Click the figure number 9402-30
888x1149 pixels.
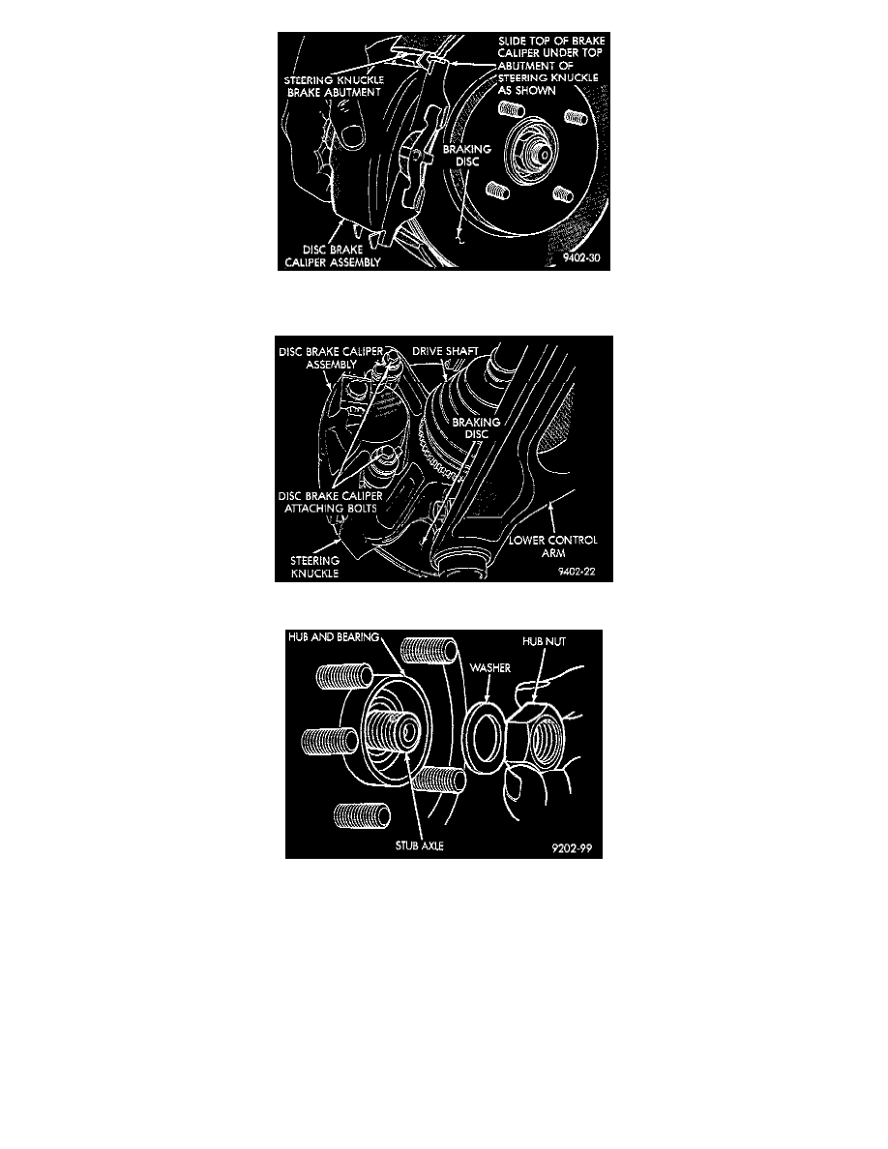pos(581,258)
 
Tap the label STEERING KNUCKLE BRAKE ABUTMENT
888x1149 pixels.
pos(334,86)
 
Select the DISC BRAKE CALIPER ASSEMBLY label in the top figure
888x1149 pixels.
pos(333,255)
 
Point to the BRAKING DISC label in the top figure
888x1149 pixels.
pos(466,155)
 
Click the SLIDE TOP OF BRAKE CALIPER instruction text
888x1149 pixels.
pos(551,65)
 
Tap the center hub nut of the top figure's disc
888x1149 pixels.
pos(538,153)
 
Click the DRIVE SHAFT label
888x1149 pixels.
pos(445,351)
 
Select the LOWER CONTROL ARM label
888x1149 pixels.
pos(553,545)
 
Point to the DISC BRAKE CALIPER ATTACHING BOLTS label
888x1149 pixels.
pos(331,501)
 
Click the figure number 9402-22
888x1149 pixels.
pos(576,572)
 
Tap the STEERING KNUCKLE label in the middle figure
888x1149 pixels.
pos(314,567)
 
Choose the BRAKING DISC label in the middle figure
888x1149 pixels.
pos(476,427)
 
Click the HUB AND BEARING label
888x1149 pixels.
pos(334,636)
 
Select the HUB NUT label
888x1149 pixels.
pos(544,641)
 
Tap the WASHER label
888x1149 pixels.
pos(490,667)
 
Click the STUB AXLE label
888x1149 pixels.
pos(419,845)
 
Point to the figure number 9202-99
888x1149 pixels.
pos(572,848)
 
